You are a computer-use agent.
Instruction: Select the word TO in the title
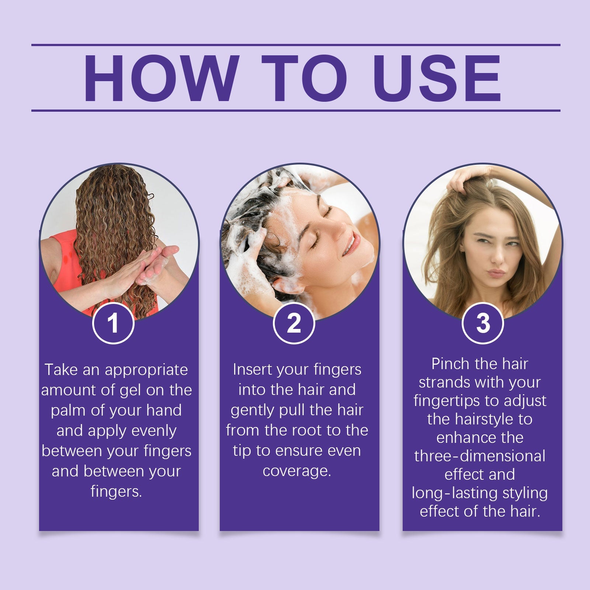pos(305,78)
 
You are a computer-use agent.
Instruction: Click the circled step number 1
pos(113,323)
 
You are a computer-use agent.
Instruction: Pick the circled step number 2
pos(294,323)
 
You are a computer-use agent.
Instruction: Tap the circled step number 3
pos(483,323)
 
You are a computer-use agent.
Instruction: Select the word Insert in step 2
pos(253,369)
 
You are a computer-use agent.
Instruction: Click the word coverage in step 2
pos(296,471)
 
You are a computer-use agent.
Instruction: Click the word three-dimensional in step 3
pos(479,456)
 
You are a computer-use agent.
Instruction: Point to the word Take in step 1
pos(61,370)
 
